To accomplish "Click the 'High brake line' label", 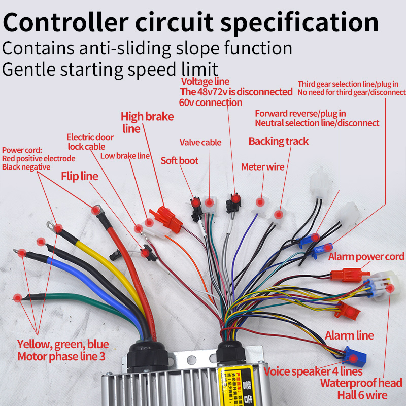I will [x=147, y=122].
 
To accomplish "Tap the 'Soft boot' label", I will [x=179, y=161].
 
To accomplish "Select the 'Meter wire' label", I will [x=262, y=167].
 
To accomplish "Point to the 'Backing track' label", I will [x=278, y=141].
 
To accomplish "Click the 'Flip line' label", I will [x=80, y=177].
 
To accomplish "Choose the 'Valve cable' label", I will [x=200, y=143].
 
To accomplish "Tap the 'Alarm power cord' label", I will [x=366, y=257].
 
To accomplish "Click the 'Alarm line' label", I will [x=349, y=335].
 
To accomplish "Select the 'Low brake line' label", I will [x=125, y=156].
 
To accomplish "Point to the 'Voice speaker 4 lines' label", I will [x=313, y=372].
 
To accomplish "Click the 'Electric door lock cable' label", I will [x=86, y=142].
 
